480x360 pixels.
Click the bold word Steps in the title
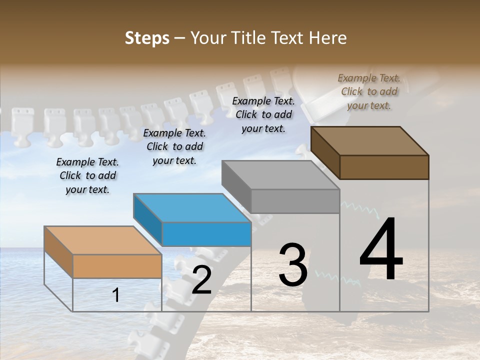pyautogui.click(x=146, y=38)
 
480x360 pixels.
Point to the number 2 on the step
pyautogui.click(x=201, y=280)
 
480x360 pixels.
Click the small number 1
pyautogui.click(x=116, y=295)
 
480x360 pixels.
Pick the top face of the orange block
pyautogui.click(x=102, y=240)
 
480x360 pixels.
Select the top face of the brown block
pyautogui.click(x=369, y=140)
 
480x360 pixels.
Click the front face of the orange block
pyautogui.click(x=117, y=266)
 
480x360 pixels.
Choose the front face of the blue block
pyautogui.click(x=206, y=234)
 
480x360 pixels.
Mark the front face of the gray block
pyautogui.click(x=295, y=201)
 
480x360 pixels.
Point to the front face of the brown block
pyautogui.click(x=384, y=167)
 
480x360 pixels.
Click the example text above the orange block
pyautogui.click(x=87, y=176)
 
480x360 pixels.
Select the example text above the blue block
pyautogui.click(x=174, y=146)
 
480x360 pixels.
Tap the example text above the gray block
pyautogui.click(x=263, y=114)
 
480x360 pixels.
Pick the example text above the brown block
pyautogui.click(x=369, y=91)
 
